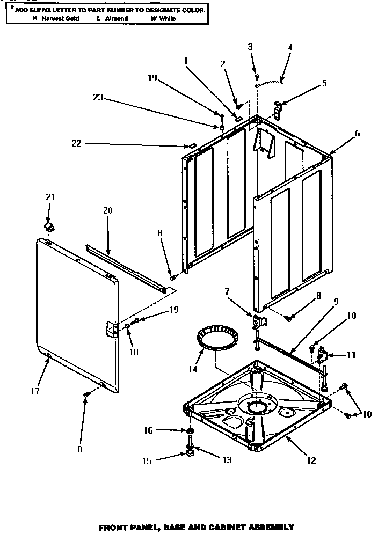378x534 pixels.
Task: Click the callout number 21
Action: coord(50,197)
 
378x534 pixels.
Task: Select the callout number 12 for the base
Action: coord(311,460)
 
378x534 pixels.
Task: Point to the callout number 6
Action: coord(357,133)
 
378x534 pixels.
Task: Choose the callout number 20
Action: coord(107,210)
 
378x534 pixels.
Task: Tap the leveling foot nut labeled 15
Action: coord(190,455)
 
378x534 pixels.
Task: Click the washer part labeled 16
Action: coord(190,431)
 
